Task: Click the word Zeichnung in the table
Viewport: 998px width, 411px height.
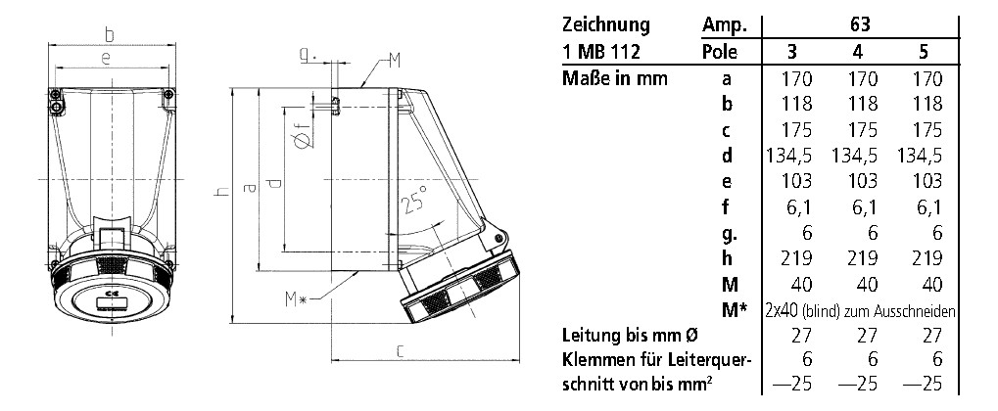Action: [x=608, y=25]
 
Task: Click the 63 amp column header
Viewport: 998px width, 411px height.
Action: [x=858, y=25]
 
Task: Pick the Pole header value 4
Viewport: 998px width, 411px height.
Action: [x=857, y=52]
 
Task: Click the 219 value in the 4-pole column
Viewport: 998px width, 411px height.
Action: [x=857, y=258]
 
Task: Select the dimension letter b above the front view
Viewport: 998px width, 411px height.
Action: [x=110, y=34]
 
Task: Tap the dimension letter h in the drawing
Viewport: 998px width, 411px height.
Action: [x=222, y=193]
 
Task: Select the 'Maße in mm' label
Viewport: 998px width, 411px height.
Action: [x=614, y=78]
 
